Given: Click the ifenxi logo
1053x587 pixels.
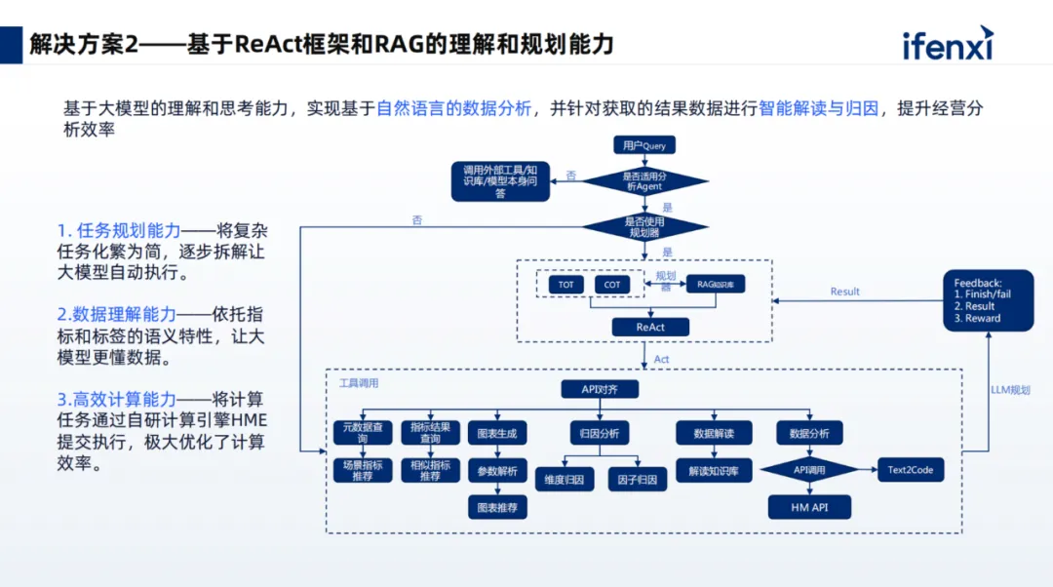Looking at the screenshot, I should click(x=948, y=44).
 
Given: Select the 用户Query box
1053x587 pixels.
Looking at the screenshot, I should click(x=644, y=145).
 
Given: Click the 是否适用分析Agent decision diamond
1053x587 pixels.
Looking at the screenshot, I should click(x=644, y=180).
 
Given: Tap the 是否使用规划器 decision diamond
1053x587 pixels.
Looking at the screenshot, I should click(x=644, y=227).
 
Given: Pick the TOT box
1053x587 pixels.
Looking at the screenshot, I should click(x=566, y=285).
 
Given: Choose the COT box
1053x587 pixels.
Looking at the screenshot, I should click(x=612, y=285).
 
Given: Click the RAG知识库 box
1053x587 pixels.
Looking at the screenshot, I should click(x=716, y=285).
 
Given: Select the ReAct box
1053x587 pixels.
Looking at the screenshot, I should click(x=650, y=327).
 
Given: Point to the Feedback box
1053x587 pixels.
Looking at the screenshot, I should click(x=987, y=300).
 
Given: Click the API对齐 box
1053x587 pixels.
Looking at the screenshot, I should click(x=600, y=389).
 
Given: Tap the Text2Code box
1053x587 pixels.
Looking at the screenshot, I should click(x=911, y=470).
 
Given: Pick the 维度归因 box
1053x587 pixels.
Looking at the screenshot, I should click(x=564, y=479).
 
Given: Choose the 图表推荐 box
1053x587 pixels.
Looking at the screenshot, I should click(x=497, y=508).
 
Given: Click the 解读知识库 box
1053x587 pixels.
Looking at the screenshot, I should click(x=713, y=471).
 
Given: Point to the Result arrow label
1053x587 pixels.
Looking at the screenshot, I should click(x=844, y=292).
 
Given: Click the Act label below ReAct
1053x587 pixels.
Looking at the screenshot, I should click(x=661, y=360).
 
